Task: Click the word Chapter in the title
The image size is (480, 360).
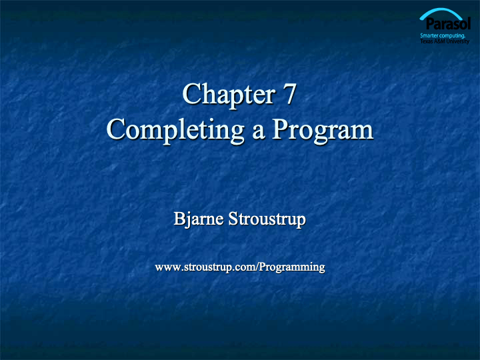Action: click(x=229, y=94)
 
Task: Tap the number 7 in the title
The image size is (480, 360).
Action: click(x=289, y=94)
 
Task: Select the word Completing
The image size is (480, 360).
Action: click(x=175, y=130)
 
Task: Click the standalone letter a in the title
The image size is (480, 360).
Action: click(x=259, y=132)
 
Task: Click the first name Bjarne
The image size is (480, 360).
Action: click(x=199, y=219)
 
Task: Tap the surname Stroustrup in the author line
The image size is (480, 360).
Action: click(x=267, y=219)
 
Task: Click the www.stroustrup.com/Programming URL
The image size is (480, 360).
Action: click(x=240, y=267)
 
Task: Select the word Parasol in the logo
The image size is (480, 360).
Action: click(x=448, y=23)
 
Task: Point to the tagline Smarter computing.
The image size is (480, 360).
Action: click(x=443, y=36)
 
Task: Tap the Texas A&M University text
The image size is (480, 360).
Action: click(x=445, y=41)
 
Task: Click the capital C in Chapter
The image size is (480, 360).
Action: click(x=191, y=94)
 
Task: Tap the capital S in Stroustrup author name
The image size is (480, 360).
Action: click(x=233, y=219)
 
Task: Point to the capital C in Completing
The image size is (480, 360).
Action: click(x=116, y=129)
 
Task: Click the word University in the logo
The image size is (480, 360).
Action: click(x=457, y=41)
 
